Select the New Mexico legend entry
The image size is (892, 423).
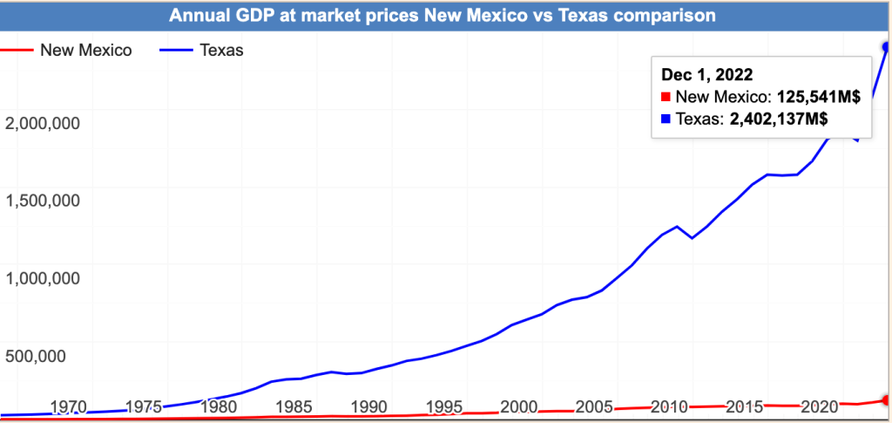85,50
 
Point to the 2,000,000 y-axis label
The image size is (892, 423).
43,123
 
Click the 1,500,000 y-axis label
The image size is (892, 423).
43,201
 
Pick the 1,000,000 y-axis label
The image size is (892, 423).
43,278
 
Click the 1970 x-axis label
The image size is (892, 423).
69,406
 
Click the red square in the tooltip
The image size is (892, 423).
666,98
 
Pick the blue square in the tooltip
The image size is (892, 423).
666,119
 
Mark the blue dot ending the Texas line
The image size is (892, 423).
887,46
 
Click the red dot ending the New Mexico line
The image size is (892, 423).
887,400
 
